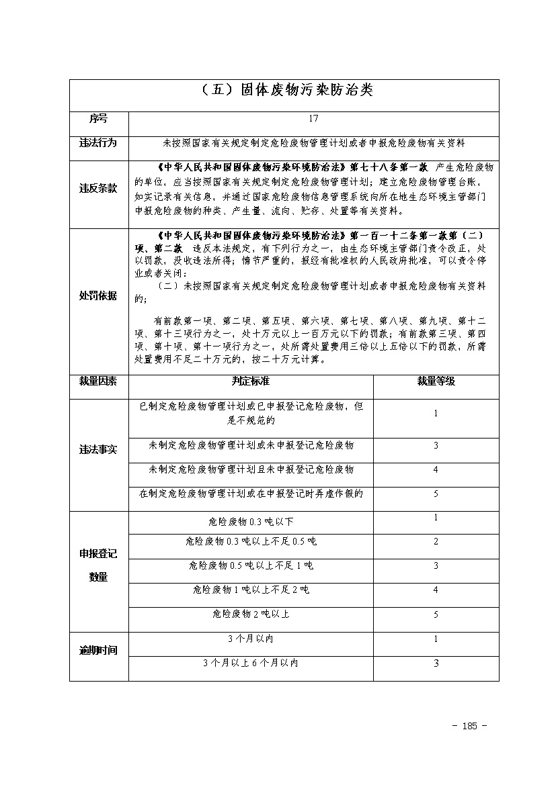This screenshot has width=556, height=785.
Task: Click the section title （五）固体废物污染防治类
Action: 284,91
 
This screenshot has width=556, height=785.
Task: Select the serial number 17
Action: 313,119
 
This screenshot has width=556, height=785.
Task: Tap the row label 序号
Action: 98,119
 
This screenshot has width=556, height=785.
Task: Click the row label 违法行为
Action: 98,143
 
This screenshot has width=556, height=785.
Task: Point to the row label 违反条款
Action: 98,189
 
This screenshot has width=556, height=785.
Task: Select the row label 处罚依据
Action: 98,296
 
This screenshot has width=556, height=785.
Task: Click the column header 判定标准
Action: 250,381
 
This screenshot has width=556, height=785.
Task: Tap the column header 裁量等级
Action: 436,381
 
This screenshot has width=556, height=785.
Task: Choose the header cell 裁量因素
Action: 98,381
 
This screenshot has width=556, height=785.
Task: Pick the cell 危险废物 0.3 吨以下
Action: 251,522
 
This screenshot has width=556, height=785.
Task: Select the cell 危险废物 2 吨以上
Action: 251,614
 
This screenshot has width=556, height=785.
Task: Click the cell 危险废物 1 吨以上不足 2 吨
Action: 251,590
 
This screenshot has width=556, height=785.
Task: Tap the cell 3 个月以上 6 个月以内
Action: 251,663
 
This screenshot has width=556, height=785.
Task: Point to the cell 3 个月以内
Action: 251,639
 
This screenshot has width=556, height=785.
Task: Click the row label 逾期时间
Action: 98,651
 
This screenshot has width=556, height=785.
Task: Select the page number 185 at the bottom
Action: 469,726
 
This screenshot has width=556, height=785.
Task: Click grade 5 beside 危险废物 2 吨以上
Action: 436,614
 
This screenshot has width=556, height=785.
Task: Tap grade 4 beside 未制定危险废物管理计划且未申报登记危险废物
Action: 436,470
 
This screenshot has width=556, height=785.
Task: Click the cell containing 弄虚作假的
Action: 251,494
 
